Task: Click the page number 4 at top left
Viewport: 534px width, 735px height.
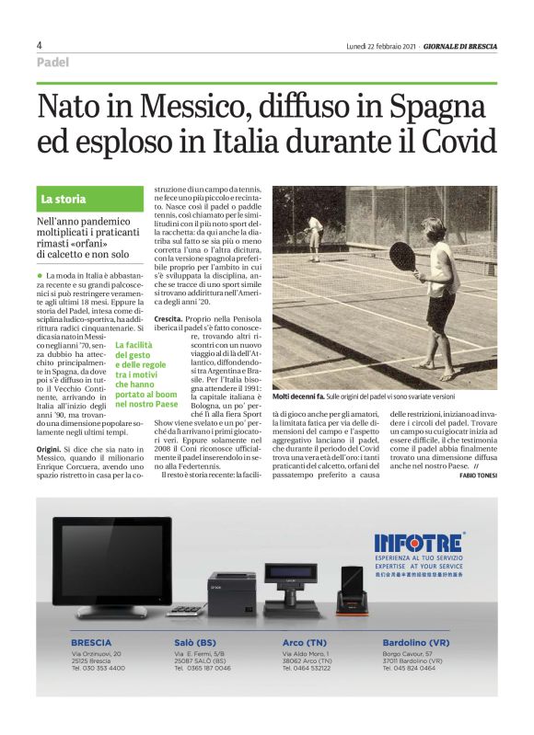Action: point(40,45)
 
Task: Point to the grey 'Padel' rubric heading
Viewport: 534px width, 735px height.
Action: point(53,61)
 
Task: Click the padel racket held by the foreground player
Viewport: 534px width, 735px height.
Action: point(402,255)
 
